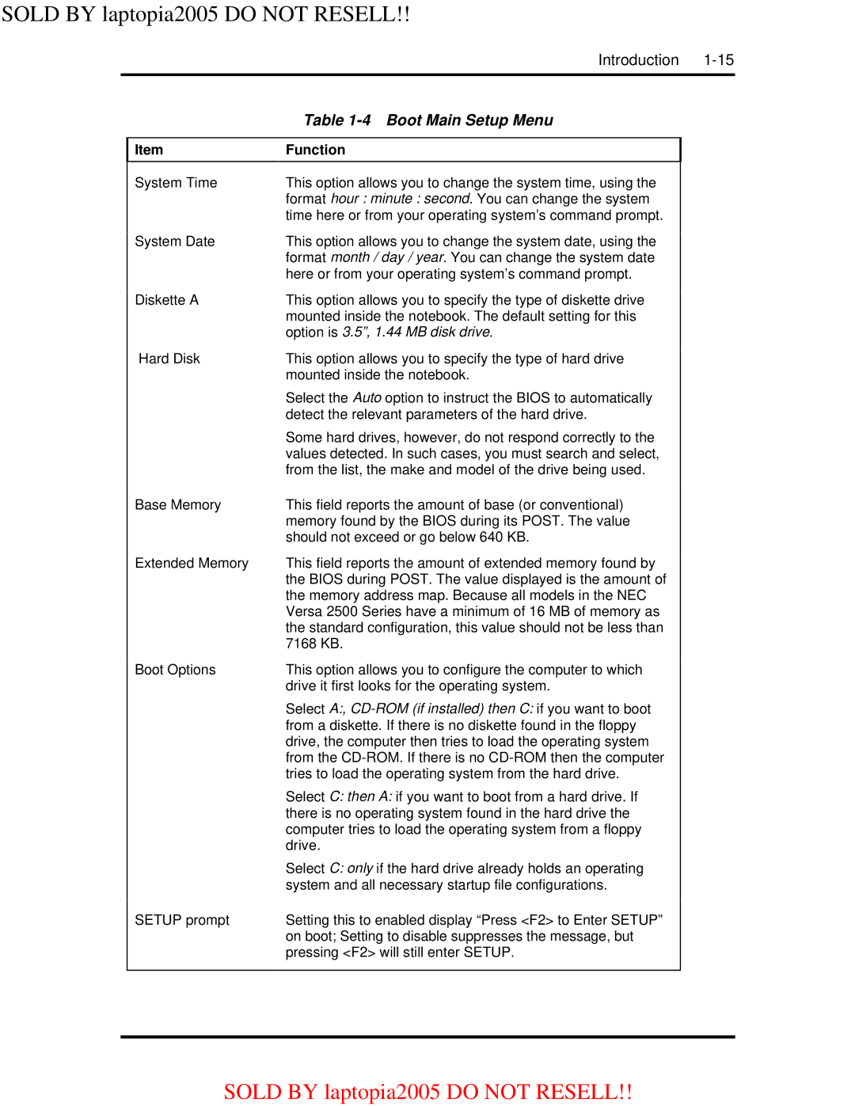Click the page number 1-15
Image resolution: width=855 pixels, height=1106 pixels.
click(718, 60)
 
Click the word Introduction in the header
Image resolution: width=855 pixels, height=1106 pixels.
click(638, 60)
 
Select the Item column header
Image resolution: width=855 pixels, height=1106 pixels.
click(149, 150)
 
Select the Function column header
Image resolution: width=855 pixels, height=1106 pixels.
click(315, 150)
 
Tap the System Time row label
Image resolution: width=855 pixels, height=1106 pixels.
click(176, 183)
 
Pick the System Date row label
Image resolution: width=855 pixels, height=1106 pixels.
click(175, 241)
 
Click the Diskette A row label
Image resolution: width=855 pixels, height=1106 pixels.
click(167, 300)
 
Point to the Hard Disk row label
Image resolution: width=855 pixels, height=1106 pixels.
click(169, 359)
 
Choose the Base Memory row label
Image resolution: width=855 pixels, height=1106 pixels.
click(178, 505)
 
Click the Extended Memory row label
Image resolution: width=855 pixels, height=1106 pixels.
click(192, 564)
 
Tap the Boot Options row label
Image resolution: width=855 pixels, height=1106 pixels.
click(175, 670)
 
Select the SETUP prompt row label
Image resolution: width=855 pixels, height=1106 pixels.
click(182, 920)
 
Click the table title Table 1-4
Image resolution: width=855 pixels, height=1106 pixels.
click(337, 120)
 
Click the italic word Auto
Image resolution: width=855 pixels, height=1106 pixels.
click(367, 398)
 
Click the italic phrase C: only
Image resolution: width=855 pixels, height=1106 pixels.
click(351, 868)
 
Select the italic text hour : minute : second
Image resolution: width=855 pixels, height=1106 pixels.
click(401, 199)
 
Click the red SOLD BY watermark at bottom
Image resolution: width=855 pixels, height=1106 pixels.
click(427, 1092)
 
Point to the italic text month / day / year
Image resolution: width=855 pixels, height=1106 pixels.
click(388, 258)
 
